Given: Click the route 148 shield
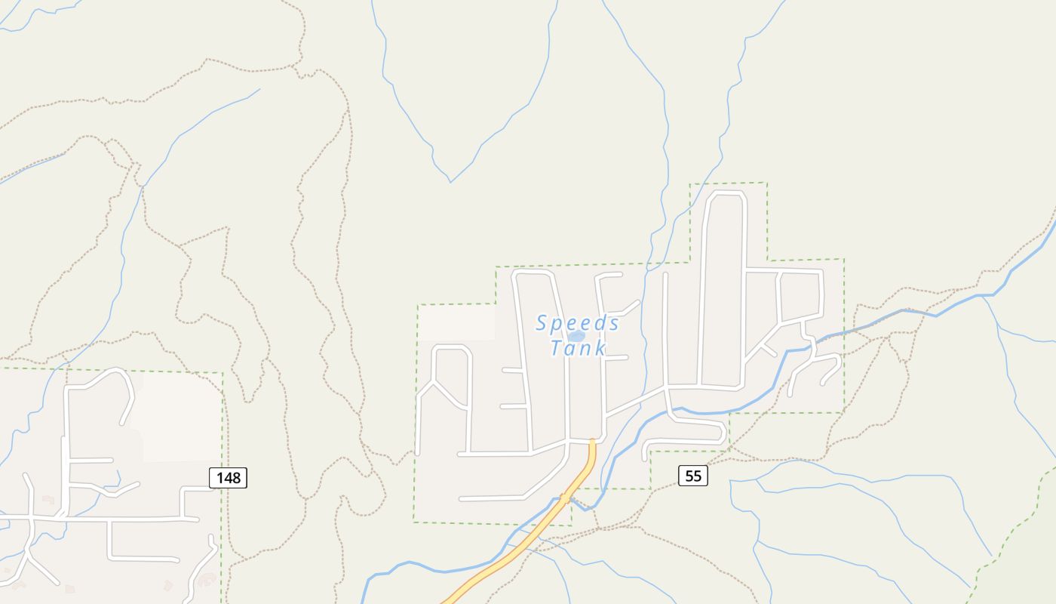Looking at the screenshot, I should pyautogui.click(x=228, y=477).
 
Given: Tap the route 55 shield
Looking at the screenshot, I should pyautogui.click(x=693, y=476).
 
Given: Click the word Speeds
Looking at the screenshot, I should pyautogui.click(x=578, y=323).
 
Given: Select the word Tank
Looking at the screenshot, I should pyautogui.click(x=578, y=348).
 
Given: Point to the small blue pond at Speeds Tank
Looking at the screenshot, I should pyautogui.click(x=576, y=336).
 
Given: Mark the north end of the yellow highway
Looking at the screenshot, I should pyautogui.click(x=592, y=441).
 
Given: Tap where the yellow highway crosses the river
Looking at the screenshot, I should pyautogui.click(x=565, y=499).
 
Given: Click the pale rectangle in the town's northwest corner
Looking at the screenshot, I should pyautogui.click(x=457, y=322).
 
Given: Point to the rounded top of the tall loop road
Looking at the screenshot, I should pyautogui.click(x=723, y=194).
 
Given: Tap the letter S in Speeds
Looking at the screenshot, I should pyautogui.click(x=542, y=323).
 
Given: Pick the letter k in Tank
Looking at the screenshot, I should pyautogui.click(x=600, y=348).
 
